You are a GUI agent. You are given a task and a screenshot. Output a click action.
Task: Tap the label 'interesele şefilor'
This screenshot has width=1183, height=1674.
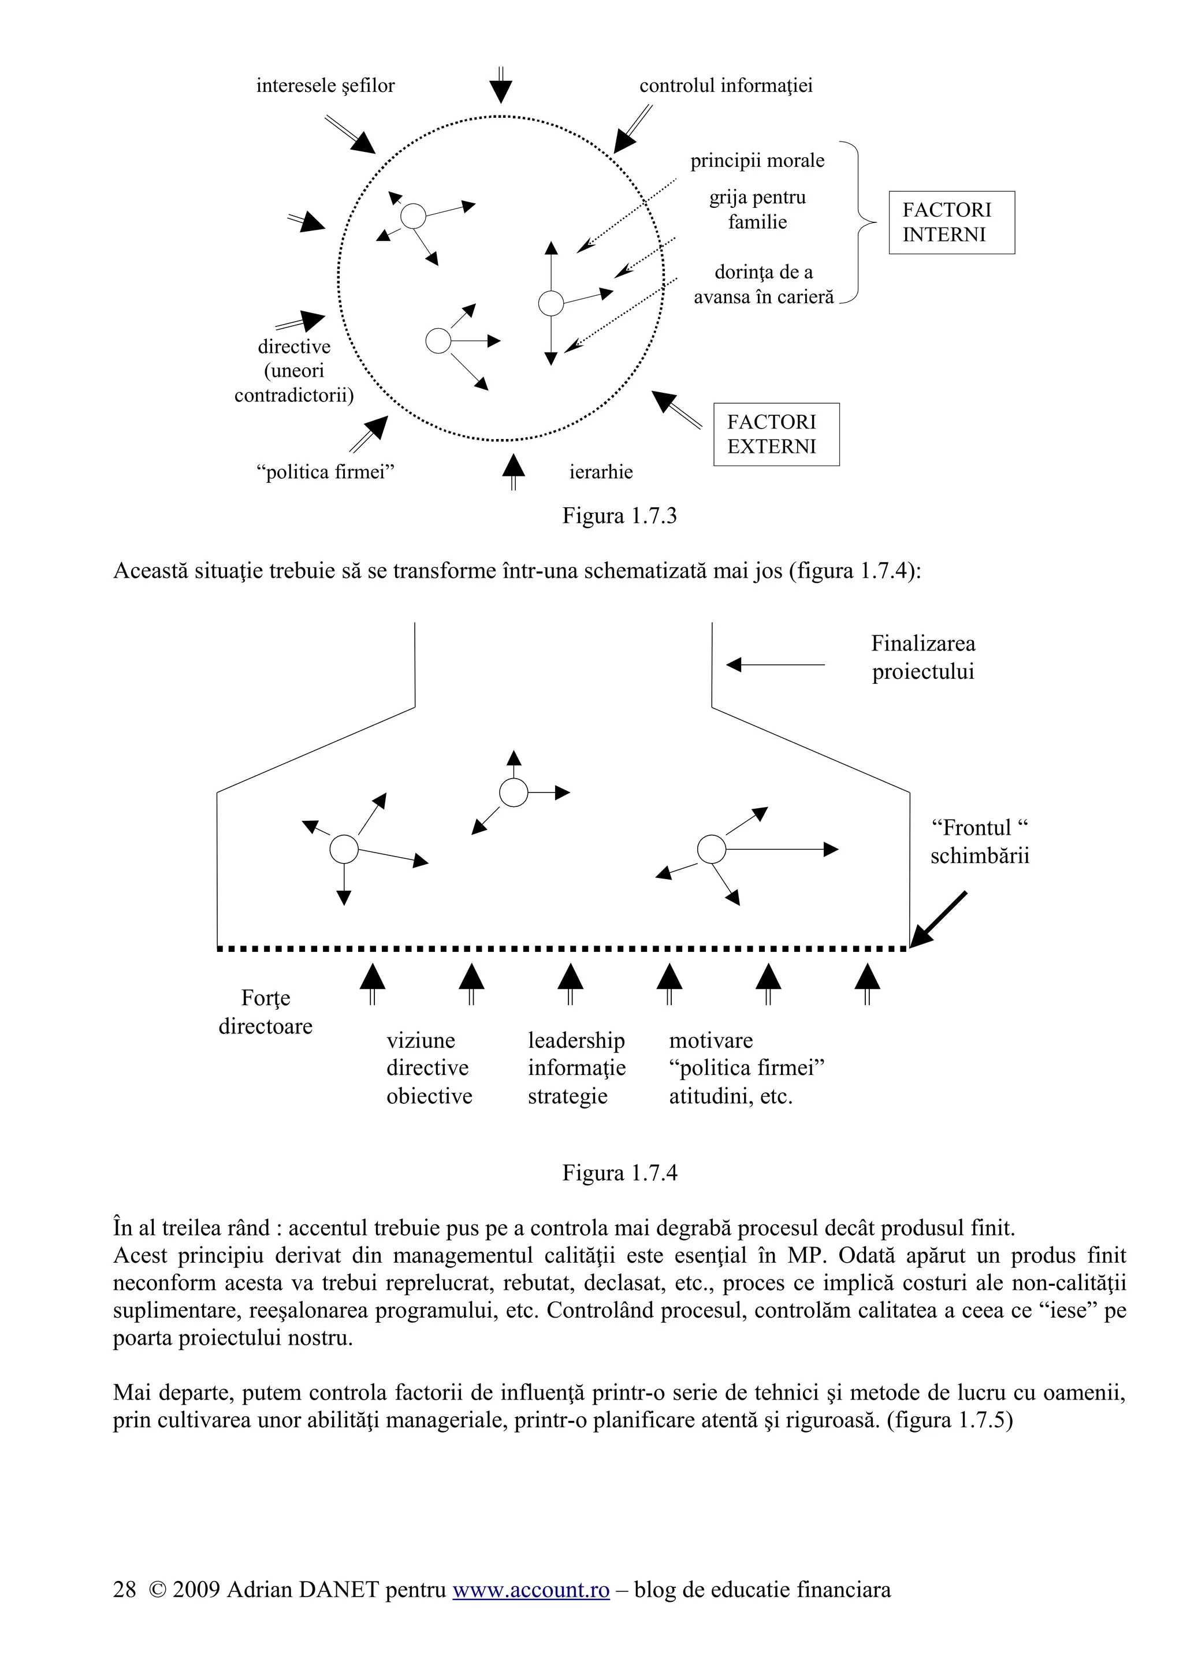point(325,86)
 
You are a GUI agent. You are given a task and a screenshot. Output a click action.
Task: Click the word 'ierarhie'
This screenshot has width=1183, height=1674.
point(601,473)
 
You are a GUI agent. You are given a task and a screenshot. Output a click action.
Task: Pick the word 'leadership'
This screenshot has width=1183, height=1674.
point(576,1040)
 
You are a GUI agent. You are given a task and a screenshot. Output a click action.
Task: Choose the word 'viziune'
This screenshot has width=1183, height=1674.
point(421,1040)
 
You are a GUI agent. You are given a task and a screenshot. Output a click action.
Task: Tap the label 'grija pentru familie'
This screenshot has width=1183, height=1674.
point(757,210)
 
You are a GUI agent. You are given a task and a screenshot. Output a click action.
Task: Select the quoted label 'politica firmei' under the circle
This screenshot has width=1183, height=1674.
point(325,473)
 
